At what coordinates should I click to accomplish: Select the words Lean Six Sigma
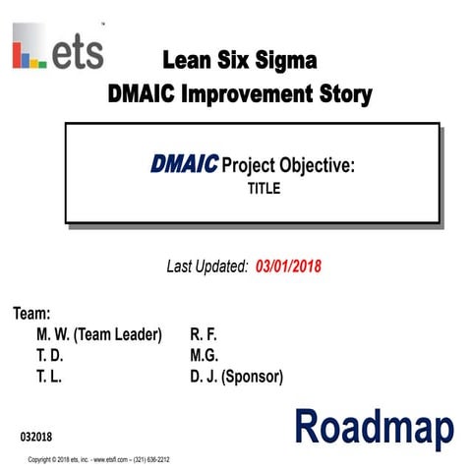242,61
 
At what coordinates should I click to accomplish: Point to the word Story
346,94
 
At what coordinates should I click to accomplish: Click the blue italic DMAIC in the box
185,165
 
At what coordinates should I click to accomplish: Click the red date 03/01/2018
287,265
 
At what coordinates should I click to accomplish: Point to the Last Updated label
206,265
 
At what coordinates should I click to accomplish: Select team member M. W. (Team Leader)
98,334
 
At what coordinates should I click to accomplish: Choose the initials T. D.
49,355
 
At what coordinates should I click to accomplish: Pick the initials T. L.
48,377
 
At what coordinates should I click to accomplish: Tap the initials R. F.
204,334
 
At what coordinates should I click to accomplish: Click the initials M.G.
204,355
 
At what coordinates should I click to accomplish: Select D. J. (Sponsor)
237,377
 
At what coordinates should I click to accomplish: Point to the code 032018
37,435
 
